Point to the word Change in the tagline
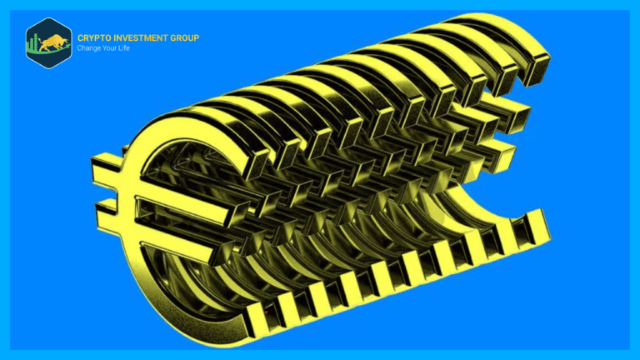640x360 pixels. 86,48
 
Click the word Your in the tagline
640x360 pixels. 103,48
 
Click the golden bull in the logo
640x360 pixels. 54,42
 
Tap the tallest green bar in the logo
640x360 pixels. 36,42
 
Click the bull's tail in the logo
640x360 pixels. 42,40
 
